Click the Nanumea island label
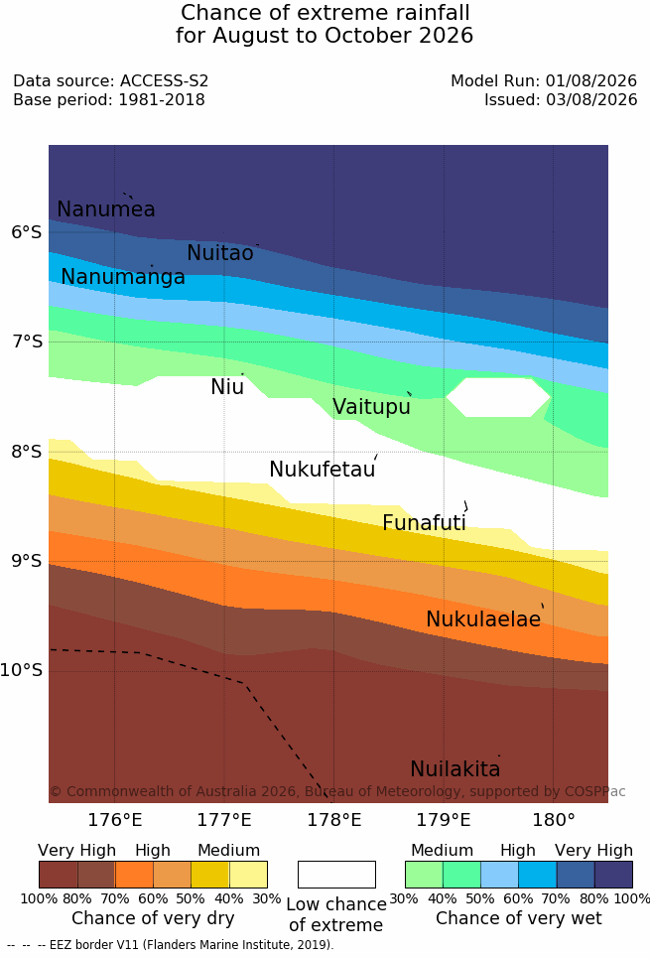point(105,208)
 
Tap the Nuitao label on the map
point(220,252)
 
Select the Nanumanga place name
point(123,277)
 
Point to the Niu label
point(227,387)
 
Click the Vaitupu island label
point(371,407)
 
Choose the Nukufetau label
point(323,470)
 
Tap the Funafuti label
point(424,523)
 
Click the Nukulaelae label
point(483,618)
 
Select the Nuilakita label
point(455,768)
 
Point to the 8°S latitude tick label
point(27,452)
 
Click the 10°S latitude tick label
point(22,670)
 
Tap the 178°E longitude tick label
point(334,820)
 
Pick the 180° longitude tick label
point(554,820)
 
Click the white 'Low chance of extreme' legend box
point(336,875)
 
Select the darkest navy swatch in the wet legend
point(613,875)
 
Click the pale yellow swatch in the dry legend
point(248,875)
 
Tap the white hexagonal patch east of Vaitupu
point(498,397)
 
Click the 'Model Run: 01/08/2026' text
point(544,80)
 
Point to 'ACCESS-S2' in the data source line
point(164,80)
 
